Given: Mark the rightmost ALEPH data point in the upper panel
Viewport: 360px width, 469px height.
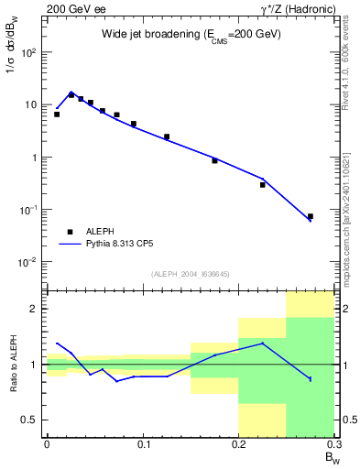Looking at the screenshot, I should click(310, 216).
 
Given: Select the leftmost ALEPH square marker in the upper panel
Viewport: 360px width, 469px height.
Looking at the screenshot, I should click(57, 115).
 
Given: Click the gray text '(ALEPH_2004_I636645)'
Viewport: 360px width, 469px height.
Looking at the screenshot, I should click(190, 274).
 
